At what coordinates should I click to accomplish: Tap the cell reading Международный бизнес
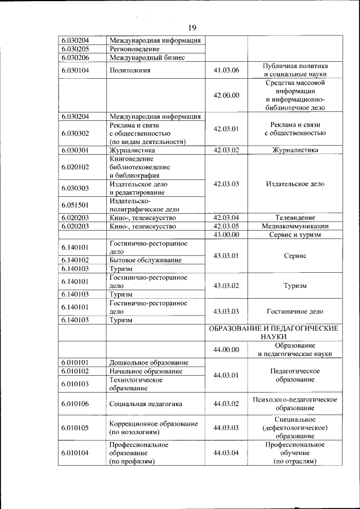click(x=147, y=57)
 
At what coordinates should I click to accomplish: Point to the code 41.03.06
click(x=226, y=70)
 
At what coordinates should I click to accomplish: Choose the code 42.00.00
click(x=226, y=95)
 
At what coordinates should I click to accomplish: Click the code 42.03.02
click(x=226, y=150)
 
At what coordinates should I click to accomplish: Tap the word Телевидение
click(x=295, y=218)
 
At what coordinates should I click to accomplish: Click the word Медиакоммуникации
click(x=295, y=226)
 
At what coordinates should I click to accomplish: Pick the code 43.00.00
click(x=226, y=235)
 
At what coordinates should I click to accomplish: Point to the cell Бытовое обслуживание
click(x=145, y=260)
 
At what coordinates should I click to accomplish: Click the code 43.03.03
click(x=226, y=311)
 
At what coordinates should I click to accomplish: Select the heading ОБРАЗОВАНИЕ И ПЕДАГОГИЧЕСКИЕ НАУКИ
click(x=273, y=331)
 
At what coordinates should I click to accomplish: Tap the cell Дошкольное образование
click(x=148, y=362)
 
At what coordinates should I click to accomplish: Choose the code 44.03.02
click(x=226, y=403)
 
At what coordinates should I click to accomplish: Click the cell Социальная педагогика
click(x=146, y=403)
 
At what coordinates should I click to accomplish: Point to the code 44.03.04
click(x=226, y=453)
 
